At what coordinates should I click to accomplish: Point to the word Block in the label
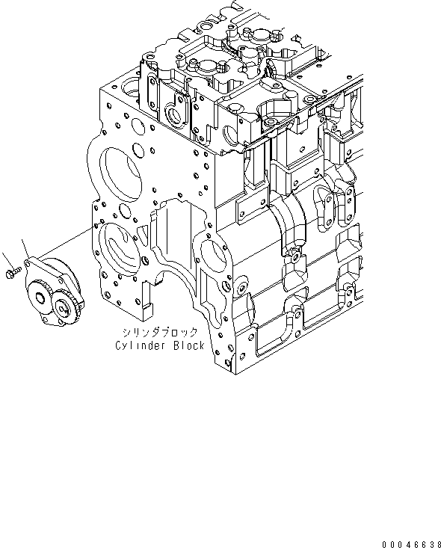point(188,345)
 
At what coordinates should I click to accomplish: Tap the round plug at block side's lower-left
point(241,288)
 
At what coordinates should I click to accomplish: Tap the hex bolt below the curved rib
point(296,258)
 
